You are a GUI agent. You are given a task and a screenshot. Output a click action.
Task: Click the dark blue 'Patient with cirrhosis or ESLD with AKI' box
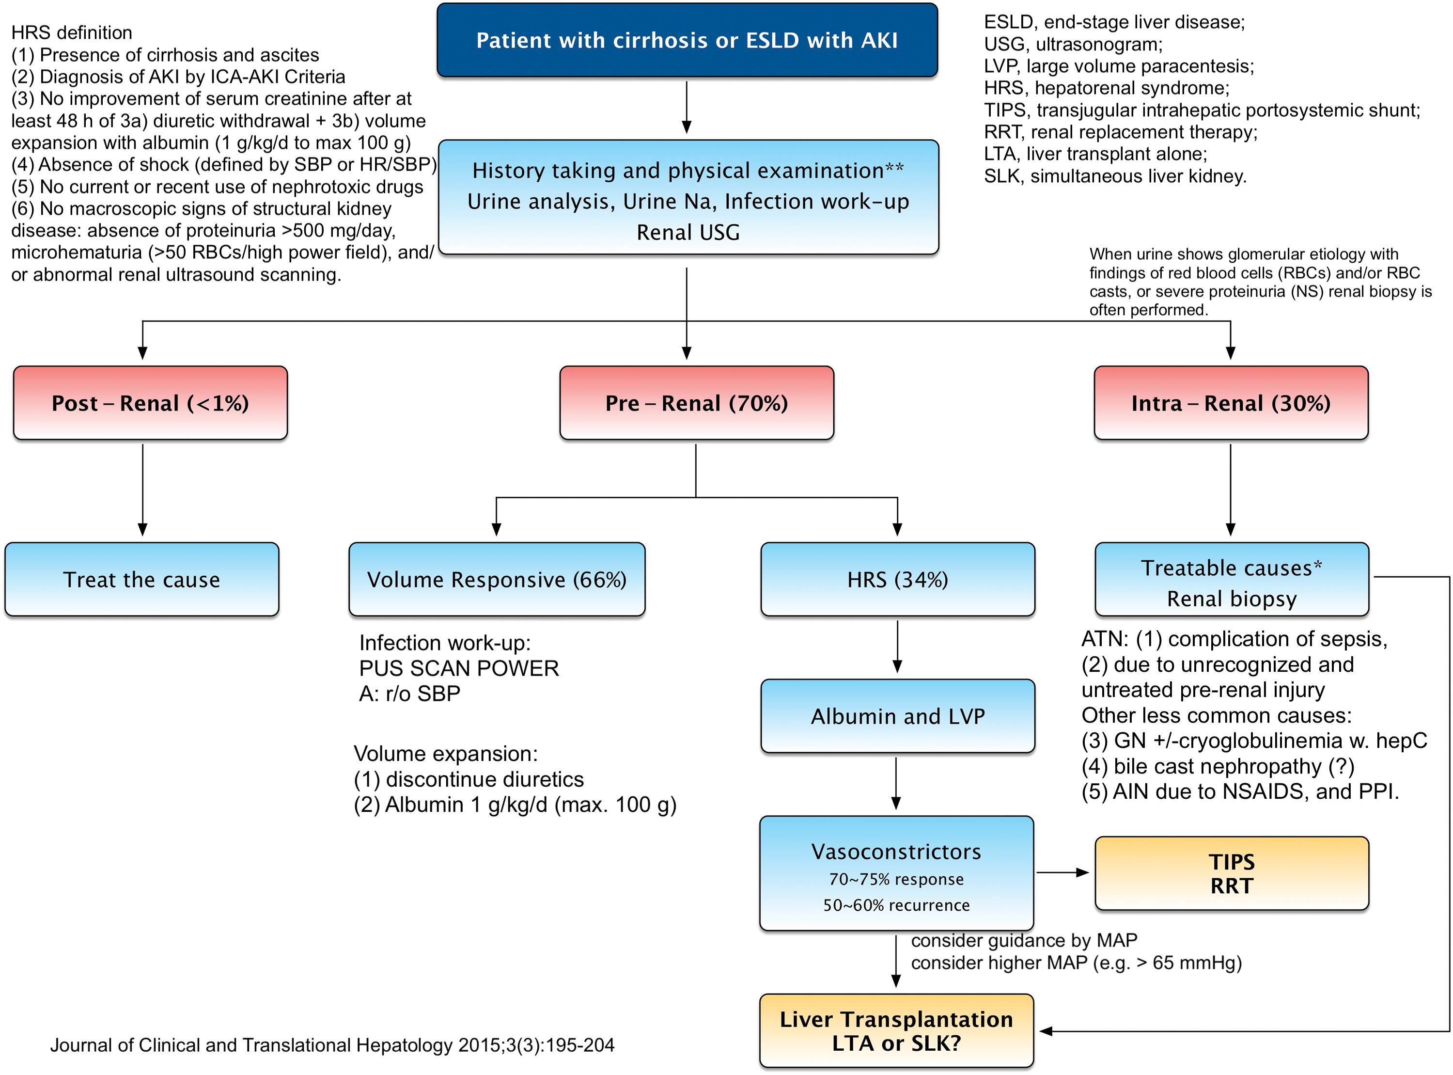click(687, 40)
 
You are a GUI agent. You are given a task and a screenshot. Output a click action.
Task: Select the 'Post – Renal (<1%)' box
click(150, 403)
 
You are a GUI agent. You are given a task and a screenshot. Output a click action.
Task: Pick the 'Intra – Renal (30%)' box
click(1231, 403)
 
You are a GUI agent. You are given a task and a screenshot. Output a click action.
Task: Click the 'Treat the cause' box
click(142, 579)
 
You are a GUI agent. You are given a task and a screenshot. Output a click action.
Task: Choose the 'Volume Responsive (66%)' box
click(497, 579)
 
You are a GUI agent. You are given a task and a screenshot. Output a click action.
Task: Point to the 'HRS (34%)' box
click(898, 579)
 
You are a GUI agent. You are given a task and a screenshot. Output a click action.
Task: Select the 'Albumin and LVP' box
click(898, 716)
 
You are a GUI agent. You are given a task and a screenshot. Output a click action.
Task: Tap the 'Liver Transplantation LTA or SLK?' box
click(896, 1031)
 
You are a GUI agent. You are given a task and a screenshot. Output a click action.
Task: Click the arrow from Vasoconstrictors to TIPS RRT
click(1062, 872)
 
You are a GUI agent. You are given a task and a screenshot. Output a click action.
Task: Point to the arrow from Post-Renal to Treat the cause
click(142, 490)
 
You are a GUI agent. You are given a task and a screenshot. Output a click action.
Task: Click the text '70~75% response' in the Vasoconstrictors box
click(896, 879)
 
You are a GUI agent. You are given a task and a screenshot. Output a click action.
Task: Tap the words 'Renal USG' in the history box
click(688, 232)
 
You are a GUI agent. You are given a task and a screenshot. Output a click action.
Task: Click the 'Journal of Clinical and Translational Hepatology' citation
click(332, 1045)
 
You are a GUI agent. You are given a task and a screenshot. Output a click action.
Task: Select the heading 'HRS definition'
click(72, 32)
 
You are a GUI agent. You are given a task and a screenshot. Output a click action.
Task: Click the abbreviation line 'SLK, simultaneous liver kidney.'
click(1115, 176)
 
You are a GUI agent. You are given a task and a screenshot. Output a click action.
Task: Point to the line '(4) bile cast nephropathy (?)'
click(1218, 766)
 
